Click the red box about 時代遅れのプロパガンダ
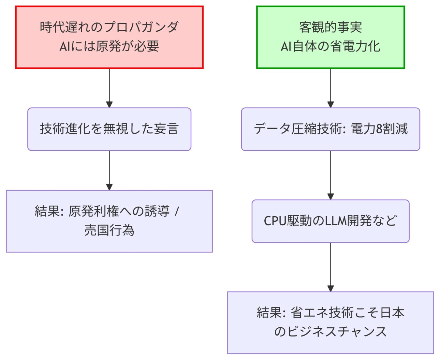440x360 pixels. coord(109,37)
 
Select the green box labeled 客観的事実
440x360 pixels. coord(330,37)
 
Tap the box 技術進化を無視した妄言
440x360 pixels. coord(109,129)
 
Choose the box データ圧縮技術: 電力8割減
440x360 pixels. coord(330,129)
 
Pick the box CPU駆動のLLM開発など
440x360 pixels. coord(330,221)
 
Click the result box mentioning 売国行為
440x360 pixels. coord(109,221)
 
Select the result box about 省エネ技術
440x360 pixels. coord(330,322)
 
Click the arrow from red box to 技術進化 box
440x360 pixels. coord(109,88)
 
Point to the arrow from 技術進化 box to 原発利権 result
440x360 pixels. coord(109,170)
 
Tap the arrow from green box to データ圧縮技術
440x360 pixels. coord(330,88)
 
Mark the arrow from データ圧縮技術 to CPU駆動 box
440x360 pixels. coord(330,175)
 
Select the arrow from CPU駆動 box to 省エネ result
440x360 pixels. coord(330,267)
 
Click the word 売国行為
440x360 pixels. coord(109,231)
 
